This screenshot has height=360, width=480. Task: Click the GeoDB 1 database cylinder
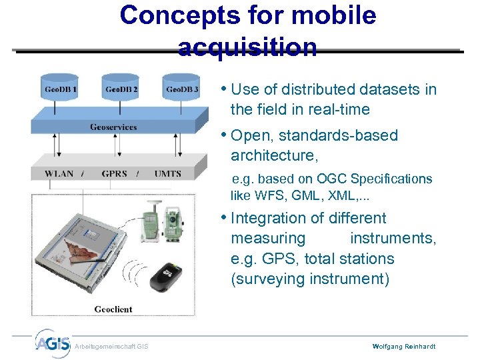(61, 89)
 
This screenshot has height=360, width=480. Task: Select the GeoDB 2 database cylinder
(121, 89)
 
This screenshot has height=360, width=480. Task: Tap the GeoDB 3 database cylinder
(181, 89)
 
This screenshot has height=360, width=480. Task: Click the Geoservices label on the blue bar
(113, 127)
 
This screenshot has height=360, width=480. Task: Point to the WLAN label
(59, 173)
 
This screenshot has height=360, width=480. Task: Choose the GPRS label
(114, 173)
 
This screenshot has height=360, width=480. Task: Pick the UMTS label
(167, 173)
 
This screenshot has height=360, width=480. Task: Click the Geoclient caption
(113, 309)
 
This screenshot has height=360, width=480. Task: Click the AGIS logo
(51, 343)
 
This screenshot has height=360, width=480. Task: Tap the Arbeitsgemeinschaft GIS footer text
(111, 346)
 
